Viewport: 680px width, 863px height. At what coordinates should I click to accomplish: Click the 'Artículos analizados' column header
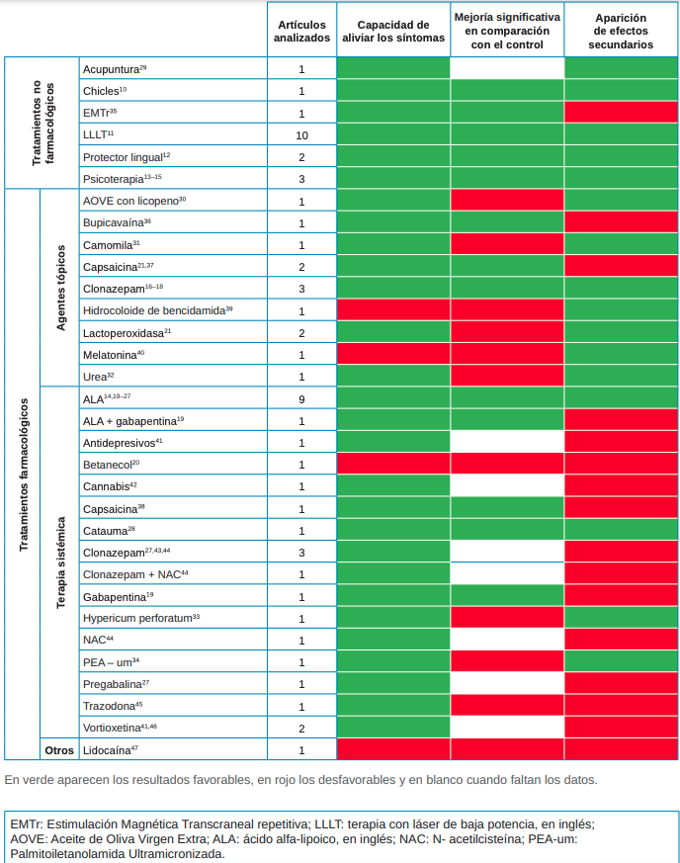301,31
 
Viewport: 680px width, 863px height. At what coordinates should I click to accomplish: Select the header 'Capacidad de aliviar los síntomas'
392,31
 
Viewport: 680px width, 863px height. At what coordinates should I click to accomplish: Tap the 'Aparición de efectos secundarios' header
621,31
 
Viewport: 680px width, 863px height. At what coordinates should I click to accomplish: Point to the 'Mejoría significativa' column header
507,31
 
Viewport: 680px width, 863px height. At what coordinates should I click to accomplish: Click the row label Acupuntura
115,69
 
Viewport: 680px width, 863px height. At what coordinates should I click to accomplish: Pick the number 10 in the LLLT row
301,134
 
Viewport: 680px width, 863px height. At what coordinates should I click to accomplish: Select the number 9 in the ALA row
301,399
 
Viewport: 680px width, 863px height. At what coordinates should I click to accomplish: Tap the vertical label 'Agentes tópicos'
60,288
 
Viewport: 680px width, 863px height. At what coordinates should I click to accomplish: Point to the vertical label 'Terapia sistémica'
60,563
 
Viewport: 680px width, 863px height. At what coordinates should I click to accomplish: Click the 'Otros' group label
59,750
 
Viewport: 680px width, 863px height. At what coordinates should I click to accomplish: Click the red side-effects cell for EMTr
621,113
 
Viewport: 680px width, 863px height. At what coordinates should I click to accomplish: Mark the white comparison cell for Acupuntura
507,69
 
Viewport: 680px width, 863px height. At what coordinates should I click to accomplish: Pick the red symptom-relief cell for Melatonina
392,354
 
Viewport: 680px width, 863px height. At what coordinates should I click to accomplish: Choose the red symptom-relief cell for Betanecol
392,464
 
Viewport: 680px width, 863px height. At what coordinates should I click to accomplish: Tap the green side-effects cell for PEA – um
621,661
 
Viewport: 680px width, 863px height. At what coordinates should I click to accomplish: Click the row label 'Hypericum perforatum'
141,618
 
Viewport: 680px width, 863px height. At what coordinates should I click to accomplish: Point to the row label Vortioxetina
120,728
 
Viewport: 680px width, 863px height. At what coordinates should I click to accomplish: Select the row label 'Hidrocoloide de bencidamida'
157,310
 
